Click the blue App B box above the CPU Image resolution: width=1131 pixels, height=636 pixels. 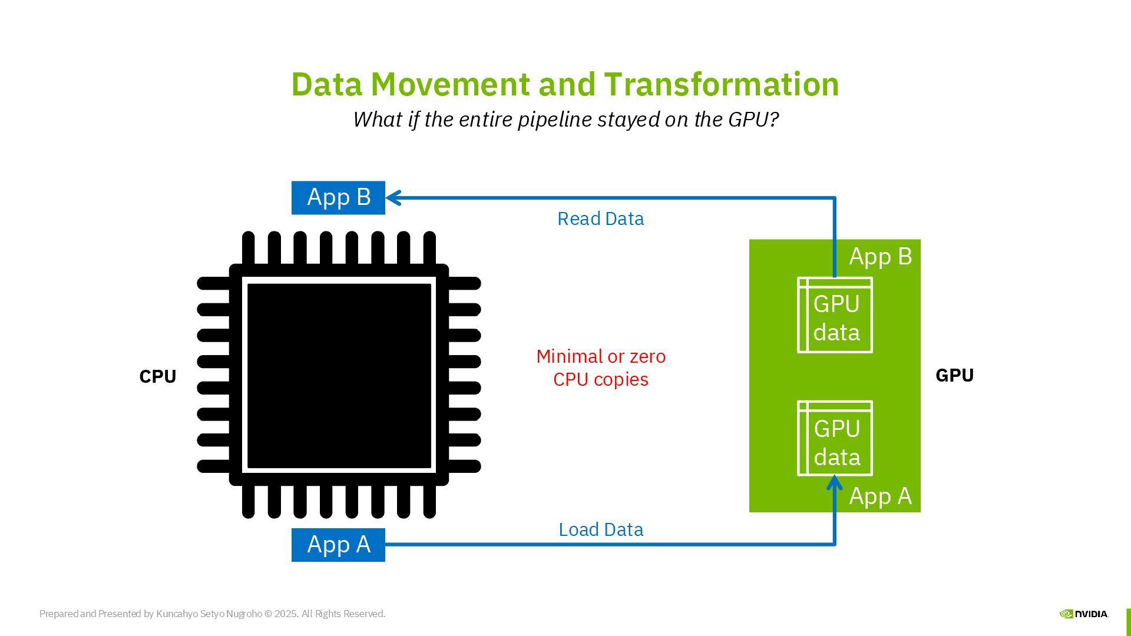(x=338, y=198)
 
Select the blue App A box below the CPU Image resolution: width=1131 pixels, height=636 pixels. (x=338, y=545)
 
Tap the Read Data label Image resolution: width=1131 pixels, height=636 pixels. (x=600, y=219)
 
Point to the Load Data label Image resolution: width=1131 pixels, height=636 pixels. (x=600, y=530)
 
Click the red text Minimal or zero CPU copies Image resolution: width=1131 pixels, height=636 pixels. (x=601, y=368)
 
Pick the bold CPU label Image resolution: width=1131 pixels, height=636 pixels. (x=157, y=377)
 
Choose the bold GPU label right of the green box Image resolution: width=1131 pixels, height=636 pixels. (x=954, y=376)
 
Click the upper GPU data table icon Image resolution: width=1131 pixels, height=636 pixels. (x=835, y=315)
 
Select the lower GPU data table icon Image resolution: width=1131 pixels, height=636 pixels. (x=835, y=439)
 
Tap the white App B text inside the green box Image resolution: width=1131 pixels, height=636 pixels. (x=880, y=257)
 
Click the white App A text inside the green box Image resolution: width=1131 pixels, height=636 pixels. (x=880, y=496)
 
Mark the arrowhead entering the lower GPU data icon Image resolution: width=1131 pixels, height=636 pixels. (x=834, y=483)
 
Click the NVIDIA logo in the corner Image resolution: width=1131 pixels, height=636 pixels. (x=1083, y=614)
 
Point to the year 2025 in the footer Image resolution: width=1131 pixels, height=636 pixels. (x=286, y=614)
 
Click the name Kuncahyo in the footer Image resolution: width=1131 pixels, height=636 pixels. (x=177, y=614)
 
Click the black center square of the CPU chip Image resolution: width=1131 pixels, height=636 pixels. (x=339, y=376)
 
